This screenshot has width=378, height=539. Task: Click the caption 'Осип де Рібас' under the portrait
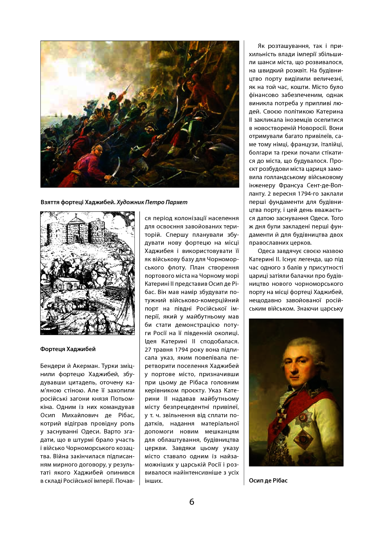point(268,481)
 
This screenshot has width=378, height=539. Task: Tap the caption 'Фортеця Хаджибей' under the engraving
point(68,349)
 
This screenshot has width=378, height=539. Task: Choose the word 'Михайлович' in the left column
point(80,415)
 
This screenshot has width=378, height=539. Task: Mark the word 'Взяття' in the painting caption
point(50,202)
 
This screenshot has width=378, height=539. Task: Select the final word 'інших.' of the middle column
point(154,481)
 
